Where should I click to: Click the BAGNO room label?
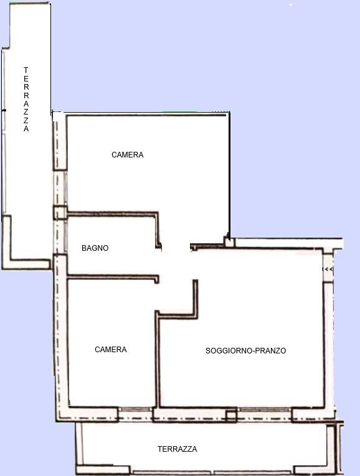point(95,248)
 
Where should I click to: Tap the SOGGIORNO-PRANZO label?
point(245,351)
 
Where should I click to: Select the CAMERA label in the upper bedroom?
point(127,155)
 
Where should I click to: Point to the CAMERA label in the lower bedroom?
point(111,350)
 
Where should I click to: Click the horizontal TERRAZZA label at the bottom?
point(178,449)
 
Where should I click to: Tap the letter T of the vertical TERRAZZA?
point(26,70)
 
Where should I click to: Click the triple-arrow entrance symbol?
point(328,269)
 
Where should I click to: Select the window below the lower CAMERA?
point(135,409)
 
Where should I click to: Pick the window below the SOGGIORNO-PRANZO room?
point(264,409)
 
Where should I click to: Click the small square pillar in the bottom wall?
point(231,416)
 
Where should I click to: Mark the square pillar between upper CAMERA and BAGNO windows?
point(60,213)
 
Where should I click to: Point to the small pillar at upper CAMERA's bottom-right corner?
point(229,242)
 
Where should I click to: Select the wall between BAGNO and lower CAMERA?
point(113,276)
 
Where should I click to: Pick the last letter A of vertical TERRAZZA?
point(26,129)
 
